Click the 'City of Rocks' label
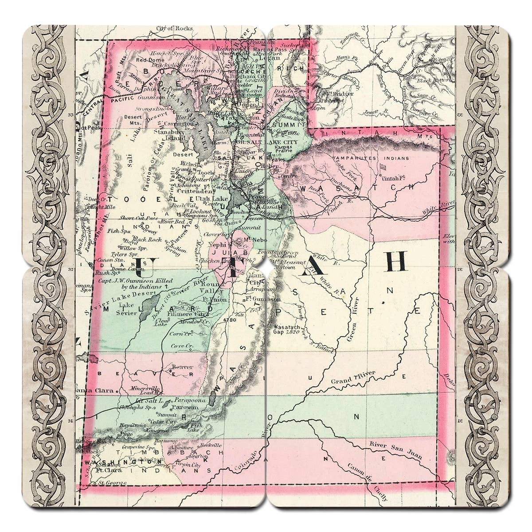tap(174, 28)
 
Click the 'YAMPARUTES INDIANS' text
tap(360, 158)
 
